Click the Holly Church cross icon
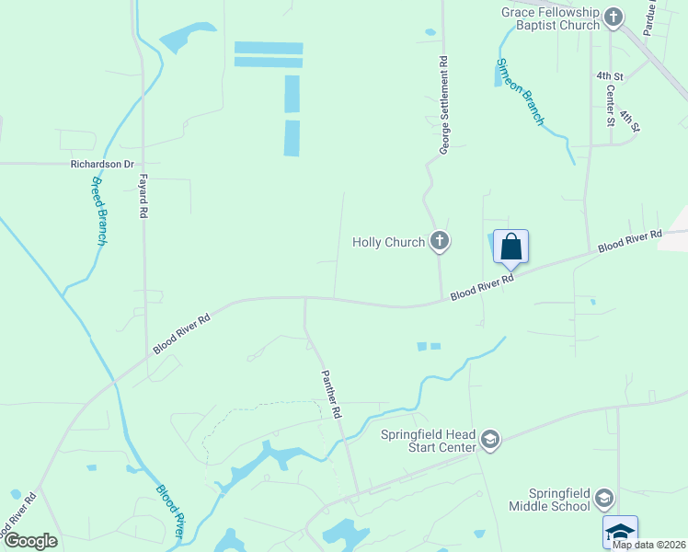pos(440,242)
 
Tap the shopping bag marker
pos(511,247)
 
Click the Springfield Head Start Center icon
pos(490,441)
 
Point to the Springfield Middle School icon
pos(604,499)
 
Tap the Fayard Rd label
pos(143,196)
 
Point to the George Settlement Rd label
pos(443,106)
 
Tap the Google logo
pos(30,541)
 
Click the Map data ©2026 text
pos(648,545)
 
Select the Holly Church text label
pos(389,243)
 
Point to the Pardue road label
pos(651,17)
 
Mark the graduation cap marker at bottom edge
pos(620,531)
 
